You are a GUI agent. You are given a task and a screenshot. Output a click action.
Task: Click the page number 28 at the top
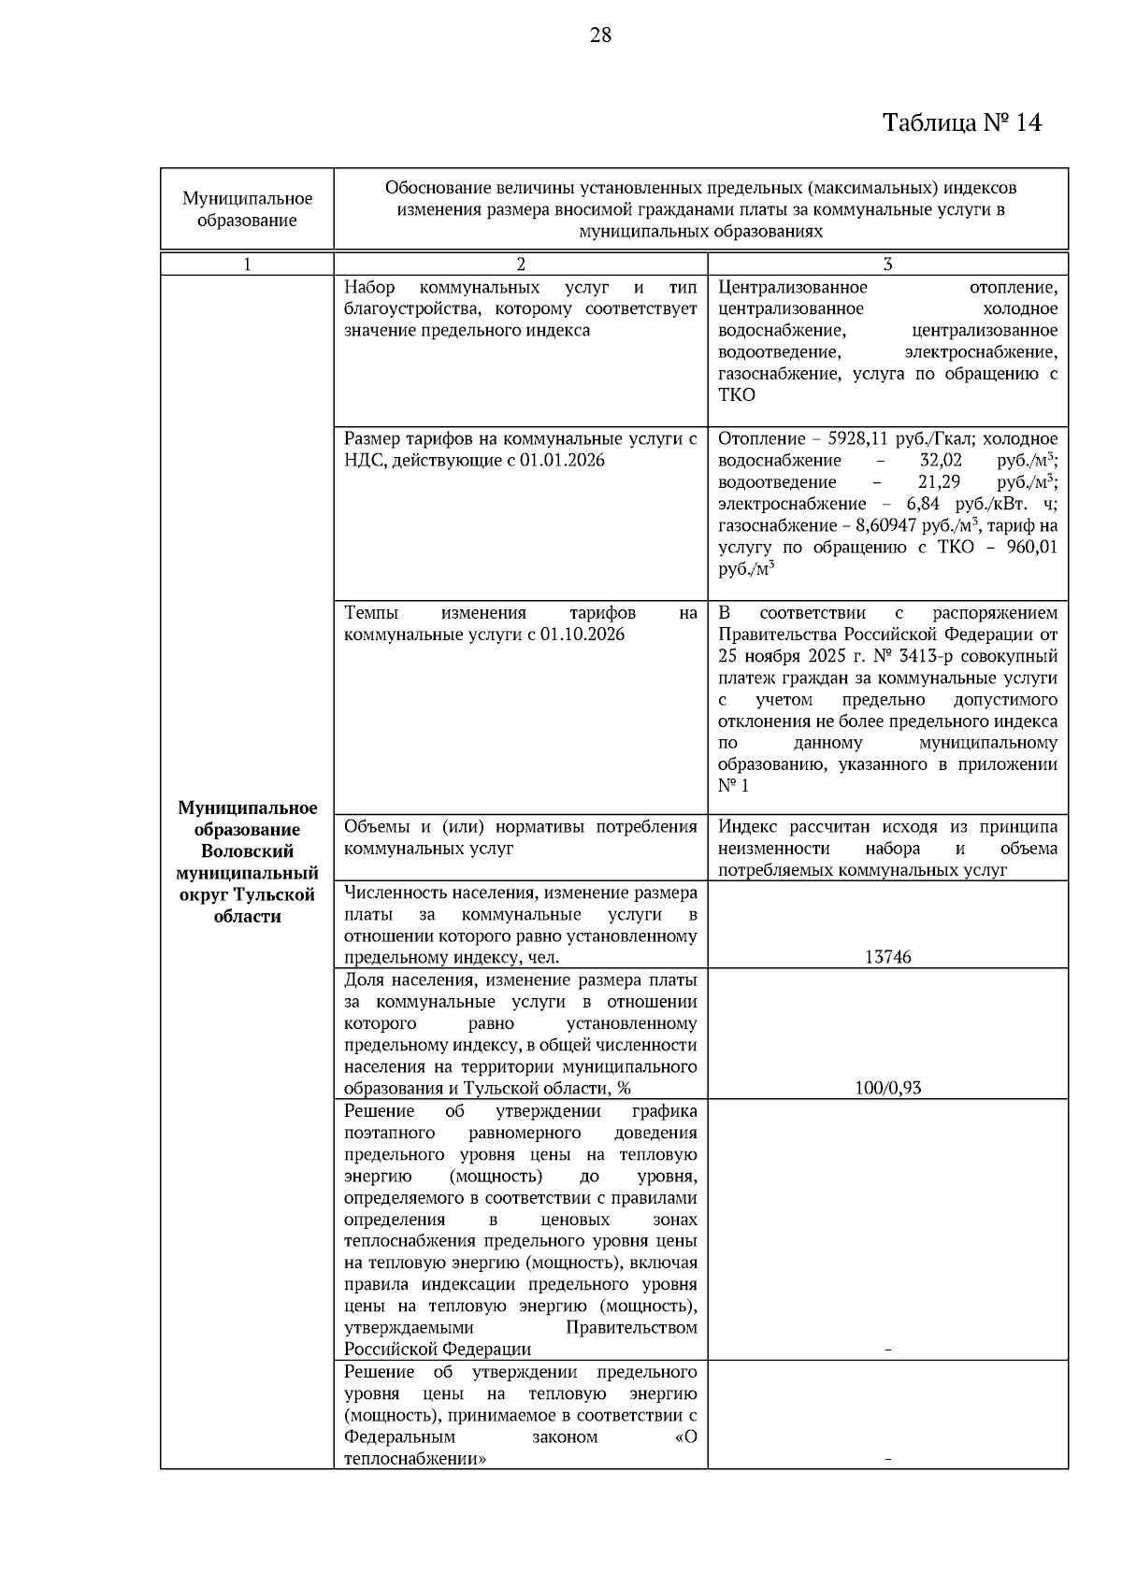600,36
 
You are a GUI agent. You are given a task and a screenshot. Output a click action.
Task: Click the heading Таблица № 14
961,122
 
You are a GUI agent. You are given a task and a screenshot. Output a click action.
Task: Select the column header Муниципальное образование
247,209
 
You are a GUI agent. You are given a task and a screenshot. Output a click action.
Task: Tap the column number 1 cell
247,264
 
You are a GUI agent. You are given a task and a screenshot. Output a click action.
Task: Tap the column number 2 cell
521,264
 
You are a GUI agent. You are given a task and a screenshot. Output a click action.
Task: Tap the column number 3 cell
887,264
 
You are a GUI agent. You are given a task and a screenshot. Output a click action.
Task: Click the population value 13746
887,957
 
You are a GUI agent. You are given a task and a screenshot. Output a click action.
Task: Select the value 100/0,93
887,1088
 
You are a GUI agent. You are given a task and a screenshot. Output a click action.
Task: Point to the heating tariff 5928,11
850,439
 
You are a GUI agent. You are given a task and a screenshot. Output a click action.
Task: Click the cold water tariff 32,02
940,461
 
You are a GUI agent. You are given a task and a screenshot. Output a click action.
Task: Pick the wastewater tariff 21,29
940,482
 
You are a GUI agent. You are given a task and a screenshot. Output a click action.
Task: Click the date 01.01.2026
564,461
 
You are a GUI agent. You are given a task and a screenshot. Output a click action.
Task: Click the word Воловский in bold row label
247,851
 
